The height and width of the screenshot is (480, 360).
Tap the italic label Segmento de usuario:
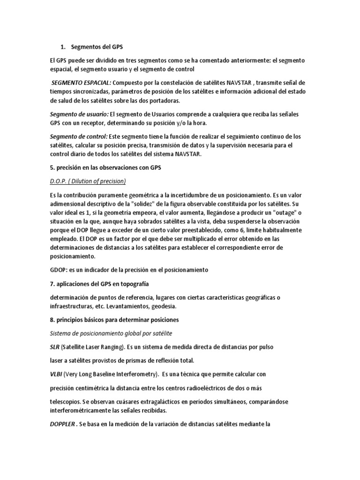click(x=79, y=114)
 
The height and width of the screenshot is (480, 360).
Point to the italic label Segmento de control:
click(x=79, y=136)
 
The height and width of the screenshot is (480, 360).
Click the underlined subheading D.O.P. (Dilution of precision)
click(x=88, y=181)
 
